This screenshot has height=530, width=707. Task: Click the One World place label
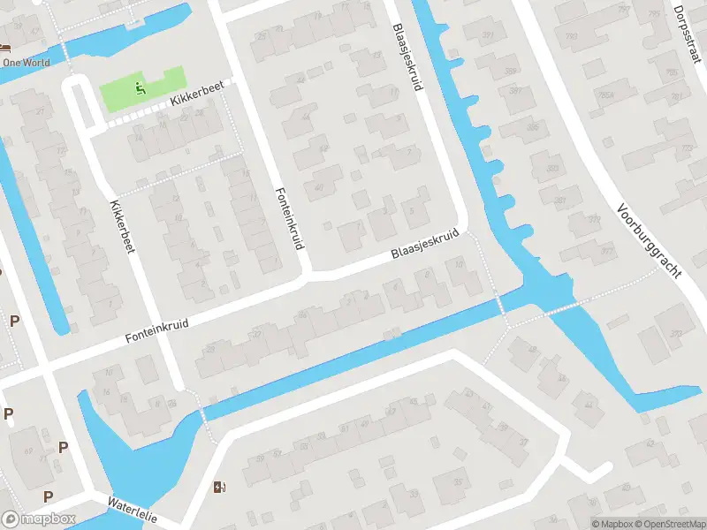click(26, 63)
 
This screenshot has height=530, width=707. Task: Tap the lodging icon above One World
click(6, 48)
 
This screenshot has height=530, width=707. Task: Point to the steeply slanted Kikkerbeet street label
click(121, 227)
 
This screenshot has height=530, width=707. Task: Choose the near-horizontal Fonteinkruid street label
click(157, 333)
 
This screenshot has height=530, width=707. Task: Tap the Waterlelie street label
click(132, 509)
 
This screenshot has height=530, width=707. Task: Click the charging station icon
click(219, 487)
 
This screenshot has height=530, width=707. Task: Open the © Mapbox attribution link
click(612, 523)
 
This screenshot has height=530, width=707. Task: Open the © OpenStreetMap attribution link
click(669, 523)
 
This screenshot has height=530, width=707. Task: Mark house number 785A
click(605, 95)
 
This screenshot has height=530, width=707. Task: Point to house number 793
click(572, 36)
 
